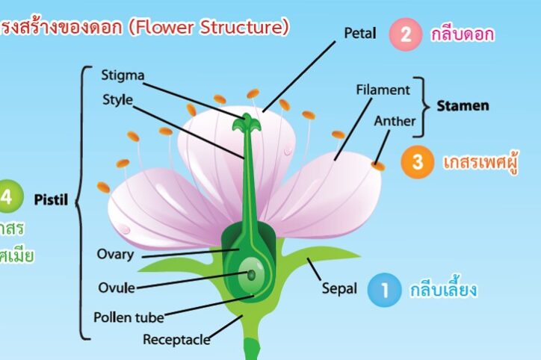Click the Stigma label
tap(123, 75)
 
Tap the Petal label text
tap(361, 34)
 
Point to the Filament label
tap(383, 90)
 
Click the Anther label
tap(395, 120)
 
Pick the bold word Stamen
tap(463, 105)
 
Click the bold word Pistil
tap(51, 199)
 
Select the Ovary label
tap(115, 254)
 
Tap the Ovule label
tap(117, 287)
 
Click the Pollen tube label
tap(129, 317)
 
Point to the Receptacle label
tap(176, 340)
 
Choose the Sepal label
tap(339, 288)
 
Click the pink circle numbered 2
tap(406, 34)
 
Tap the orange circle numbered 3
tap(417, 161)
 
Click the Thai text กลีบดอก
tap(463, 34)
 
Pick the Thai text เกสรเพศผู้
tap(481, 161)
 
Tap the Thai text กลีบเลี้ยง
tap(444, 290)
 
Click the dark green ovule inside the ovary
tap(252, 275)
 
